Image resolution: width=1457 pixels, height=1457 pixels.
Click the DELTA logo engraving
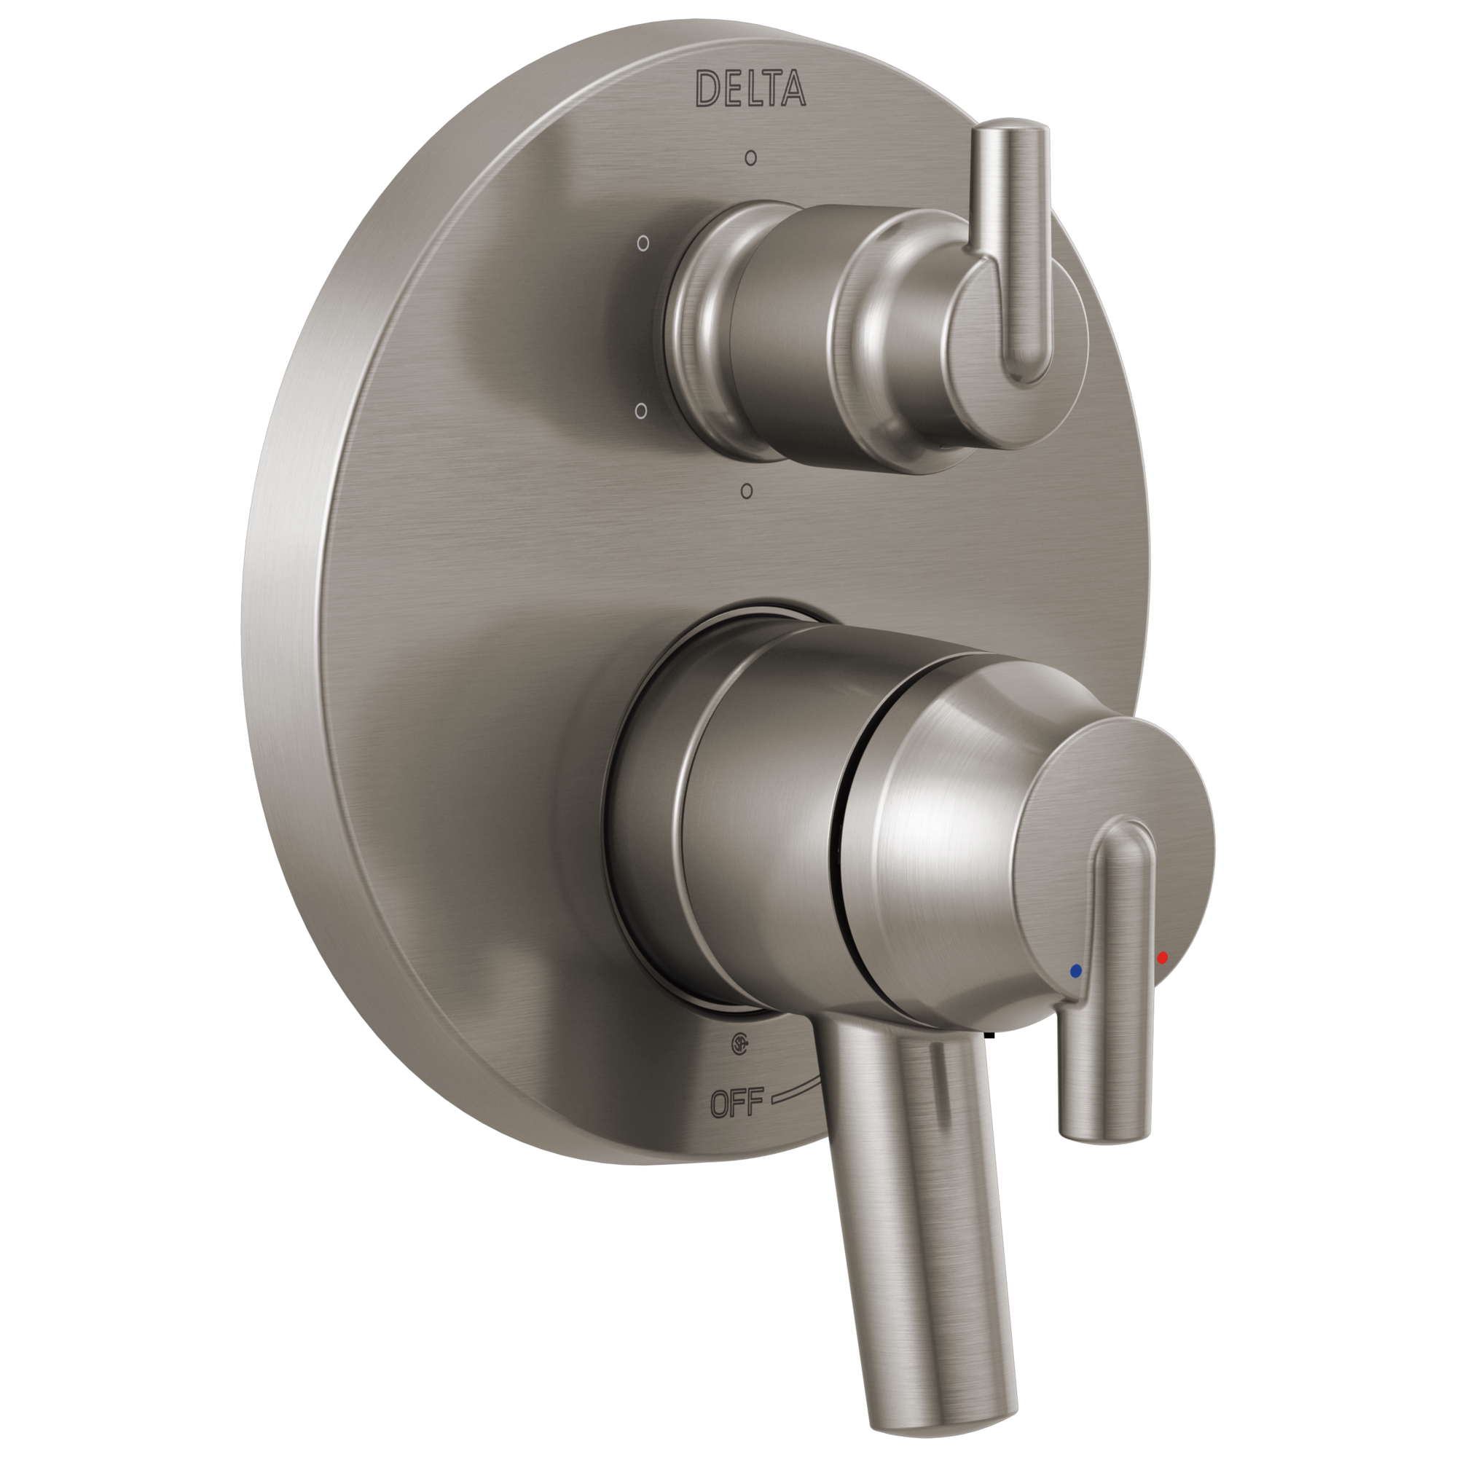[750, 88]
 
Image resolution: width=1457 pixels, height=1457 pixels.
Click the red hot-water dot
[1162, 957]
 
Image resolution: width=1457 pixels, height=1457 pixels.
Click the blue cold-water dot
[1075, 970]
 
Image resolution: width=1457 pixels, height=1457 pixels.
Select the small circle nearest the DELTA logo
[750, 158]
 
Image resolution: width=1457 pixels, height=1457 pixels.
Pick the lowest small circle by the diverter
[747, 491]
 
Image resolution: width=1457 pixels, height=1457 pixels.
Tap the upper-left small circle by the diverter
[643, 243]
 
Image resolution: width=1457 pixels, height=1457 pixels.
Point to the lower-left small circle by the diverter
[642, 411]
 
